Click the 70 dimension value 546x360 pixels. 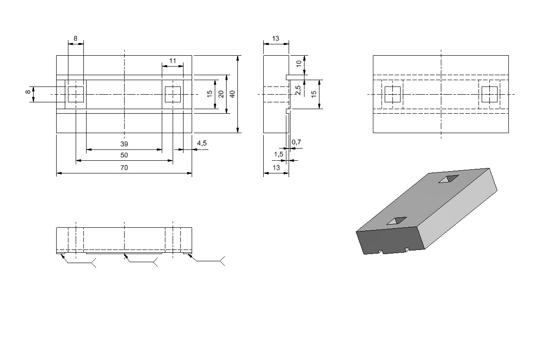pos(124,168)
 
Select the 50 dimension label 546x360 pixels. pos(124,155)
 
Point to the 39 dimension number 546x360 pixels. pos(124,144)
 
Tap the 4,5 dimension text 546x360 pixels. pos(202,143)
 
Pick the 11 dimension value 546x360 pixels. pos(173,61)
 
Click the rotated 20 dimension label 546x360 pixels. pos(221,94)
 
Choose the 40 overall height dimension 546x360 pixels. pos(232,94)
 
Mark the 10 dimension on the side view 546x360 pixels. pos(299,64)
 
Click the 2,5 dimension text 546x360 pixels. pos(298,90)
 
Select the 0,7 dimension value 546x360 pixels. pos(296,142)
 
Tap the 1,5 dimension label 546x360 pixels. pos(279,154)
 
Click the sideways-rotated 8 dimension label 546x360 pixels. pos(28,91)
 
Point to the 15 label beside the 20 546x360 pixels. pos(210,94)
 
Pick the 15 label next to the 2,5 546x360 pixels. pos(314,94)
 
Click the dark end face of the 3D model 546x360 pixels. pos(390,240)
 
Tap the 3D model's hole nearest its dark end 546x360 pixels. pos(396,221)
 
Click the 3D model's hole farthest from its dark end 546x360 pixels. pos(449,179)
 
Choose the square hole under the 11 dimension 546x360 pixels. pos(173,94)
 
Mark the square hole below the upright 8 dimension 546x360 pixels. pos(76,94)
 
